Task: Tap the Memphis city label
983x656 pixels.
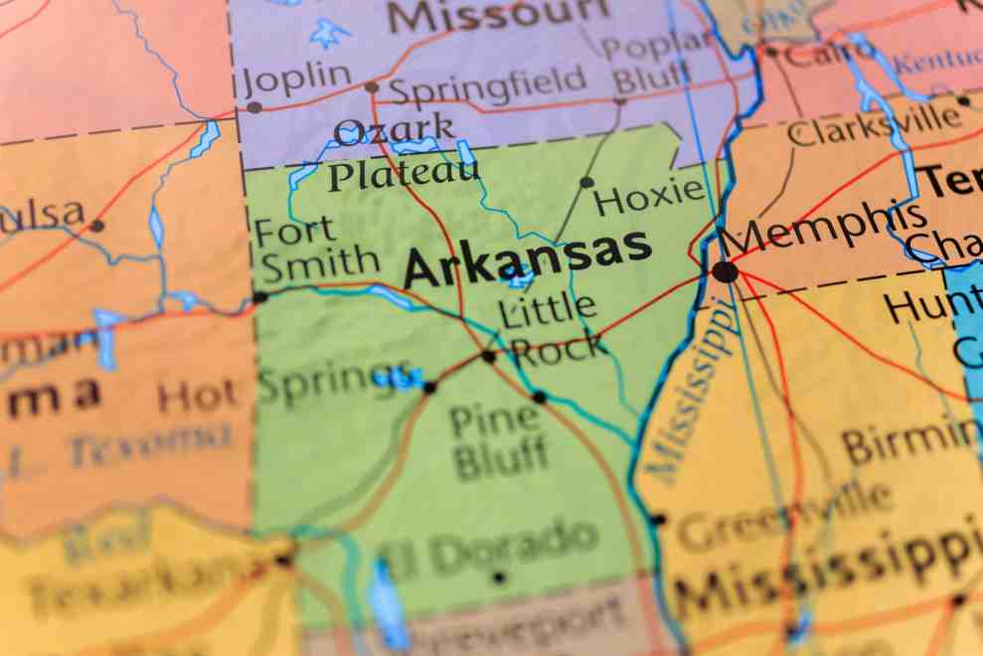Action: click(x=823, y=227)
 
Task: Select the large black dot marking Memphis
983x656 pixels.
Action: click(x=725, y=271)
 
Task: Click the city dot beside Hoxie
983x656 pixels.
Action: click(x=586, y=182)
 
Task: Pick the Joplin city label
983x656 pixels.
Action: click(x=297, y=77)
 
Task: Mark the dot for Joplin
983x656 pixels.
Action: click(x=254, y=107)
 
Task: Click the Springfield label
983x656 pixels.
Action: click(x=487, y=84)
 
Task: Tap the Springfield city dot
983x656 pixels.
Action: click(x=371, y=87)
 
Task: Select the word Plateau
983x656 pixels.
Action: click(x=404, y=176)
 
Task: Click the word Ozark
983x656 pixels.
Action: click(x=395, y=130)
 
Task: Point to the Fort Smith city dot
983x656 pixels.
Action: click(x=259, y=296)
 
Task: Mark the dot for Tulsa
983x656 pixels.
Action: click(x=96, y=226)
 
